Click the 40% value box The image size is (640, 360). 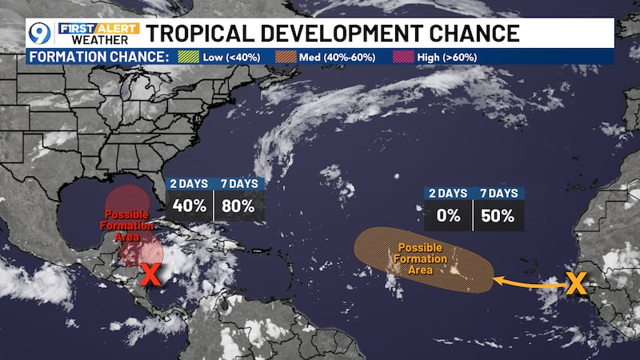point(189,206)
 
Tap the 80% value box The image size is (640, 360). point(238,206)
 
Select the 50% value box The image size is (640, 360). point(499,217)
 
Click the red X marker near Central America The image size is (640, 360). point(150,274)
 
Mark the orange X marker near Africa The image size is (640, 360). point(576,282)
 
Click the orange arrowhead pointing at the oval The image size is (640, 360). point(496,280)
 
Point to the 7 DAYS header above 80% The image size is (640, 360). point(238,183)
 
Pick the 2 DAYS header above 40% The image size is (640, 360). point(189,183)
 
